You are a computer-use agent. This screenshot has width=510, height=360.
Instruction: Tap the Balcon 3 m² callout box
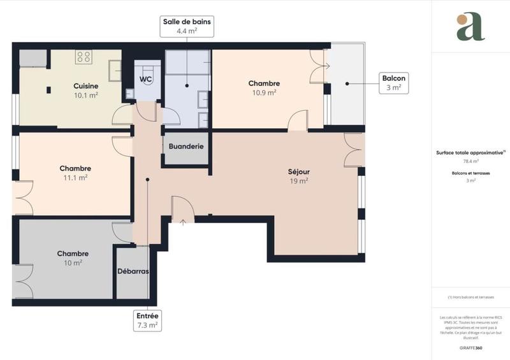point(393,83)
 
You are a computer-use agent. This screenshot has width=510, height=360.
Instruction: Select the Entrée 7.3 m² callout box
point(147,320)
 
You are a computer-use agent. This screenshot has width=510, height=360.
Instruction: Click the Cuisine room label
point(85,86)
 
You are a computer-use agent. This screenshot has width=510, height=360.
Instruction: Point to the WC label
point(146,79)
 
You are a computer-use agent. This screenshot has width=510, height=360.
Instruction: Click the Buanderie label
point(186,146)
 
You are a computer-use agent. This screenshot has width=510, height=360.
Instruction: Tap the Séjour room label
point(298,171)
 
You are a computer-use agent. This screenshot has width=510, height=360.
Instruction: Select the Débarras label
point(133,271)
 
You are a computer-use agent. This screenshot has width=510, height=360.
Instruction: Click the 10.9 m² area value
point(264,92)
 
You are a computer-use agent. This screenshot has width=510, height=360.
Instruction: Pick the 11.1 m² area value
point(75,178)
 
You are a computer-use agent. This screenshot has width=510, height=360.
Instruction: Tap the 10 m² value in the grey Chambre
point(73,263)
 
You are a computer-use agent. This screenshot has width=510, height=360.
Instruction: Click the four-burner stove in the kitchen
point(84,57)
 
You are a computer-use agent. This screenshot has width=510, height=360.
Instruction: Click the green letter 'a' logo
point(470,27)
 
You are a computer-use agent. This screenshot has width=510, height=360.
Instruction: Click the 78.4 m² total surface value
point(470,161)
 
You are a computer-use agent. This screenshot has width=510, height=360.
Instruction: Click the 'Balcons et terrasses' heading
point(470,173)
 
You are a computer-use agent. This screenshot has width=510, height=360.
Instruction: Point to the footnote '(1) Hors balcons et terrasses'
point(470,297)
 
